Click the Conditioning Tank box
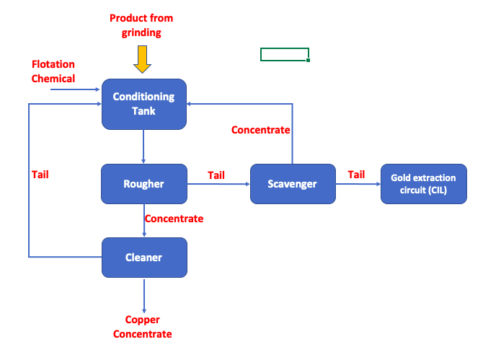pos(144,104)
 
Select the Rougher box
pos(144,184)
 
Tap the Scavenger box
pos(293,184)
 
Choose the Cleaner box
pos(144,258)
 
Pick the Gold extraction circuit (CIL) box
pos(424,184)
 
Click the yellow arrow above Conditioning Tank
pos(142,59)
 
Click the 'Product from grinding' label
pos(141,25)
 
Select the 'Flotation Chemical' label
pos(53,71)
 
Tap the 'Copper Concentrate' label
pos(143,327)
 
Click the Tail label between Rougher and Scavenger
pos(216,175)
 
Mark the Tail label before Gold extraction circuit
pos(356,175)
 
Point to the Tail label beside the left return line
pos(40,175)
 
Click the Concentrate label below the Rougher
pos(174,219)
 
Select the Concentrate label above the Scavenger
pos(261,130)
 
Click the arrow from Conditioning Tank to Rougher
pos(143,146)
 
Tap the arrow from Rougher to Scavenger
pos(218,184)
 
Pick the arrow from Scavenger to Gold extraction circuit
pos(358,184)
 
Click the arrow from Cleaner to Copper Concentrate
pos(144,296)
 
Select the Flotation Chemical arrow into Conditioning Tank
pos(76,89)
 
